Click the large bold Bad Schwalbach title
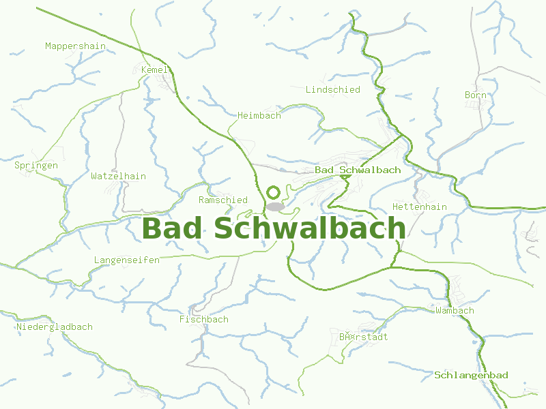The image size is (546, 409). [273, 228]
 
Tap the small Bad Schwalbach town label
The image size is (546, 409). [358, 170]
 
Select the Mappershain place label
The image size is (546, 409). [75, 46]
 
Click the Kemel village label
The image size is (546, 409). [154, 70]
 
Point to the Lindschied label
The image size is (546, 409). [332, 89]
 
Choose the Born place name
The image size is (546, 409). [475, 95]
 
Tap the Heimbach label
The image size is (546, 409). [259, 115]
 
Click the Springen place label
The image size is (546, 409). [36, 165]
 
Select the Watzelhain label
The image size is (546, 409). [118, 176]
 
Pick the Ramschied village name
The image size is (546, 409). [222, 200]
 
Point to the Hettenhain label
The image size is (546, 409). [419, 207]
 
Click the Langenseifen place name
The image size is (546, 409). [126, 260]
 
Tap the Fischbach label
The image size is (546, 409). [203, 319]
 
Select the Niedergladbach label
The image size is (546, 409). [55, 327]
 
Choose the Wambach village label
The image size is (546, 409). [455, 310]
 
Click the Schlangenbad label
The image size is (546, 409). [471, 375]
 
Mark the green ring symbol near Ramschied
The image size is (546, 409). [274, 193]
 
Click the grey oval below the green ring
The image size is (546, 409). [275, 206]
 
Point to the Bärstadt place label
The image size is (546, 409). [363, 337]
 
